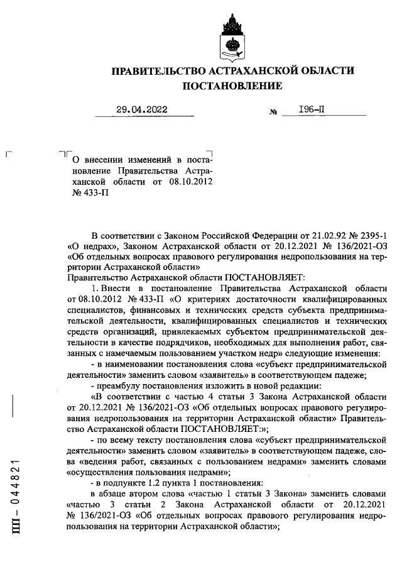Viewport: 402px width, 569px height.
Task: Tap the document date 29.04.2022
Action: pos(142,110)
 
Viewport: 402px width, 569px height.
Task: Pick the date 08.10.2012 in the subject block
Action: pos(189,182)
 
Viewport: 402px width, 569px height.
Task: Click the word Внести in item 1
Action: pos(113,287)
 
